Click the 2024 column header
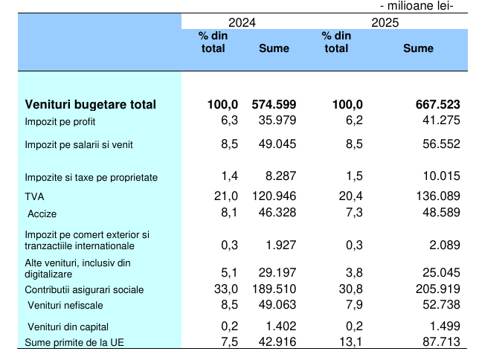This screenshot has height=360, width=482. coord(242,22)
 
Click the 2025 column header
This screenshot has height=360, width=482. coord(386,22)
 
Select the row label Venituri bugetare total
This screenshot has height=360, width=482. coord(91,105)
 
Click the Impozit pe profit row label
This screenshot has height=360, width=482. coord(60,121)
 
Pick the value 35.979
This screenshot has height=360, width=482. coord(277,120)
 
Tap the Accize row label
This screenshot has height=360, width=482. coord(42,213)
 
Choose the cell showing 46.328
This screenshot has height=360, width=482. coord(277,213)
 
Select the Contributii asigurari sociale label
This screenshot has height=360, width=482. coord(85,290)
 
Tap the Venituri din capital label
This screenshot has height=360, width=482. coord(68,327)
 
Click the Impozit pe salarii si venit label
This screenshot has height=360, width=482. coord(79,145)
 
